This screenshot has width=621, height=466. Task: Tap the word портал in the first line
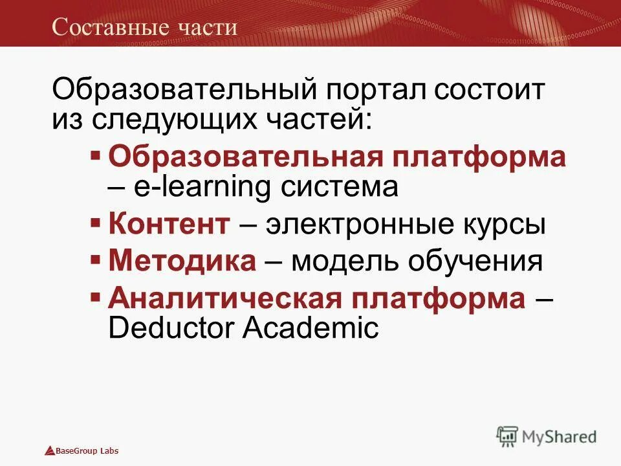[371, 89]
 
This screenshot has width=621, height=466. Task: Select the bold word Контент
[169, 225]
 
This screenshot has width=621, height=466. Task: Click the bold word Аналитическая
[224, 297]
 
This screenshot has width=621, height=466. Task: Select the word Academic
[310, 327]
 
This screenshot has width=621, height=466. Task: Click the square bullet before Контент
[95, 223]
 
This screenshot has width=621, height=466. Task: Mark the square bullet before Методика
[95, 260]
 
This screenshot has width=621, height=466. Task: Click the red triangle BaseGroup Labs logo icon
[50, 450]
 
